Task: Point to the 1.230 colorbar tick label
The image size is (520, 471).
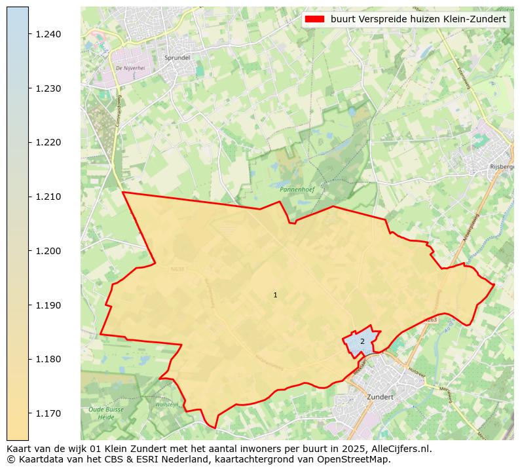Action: (48, 88)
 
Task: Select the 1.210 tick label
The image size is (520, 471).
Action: (48, 197)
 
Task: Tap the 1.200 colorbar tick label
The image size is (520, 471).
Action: (48, 251)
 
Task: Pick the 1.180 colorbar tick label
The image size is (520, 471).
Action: (48, 359)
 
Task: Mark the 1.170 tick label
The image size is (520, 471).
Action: (48, 413)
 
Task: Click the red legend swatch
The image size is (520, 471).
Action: (314, 20)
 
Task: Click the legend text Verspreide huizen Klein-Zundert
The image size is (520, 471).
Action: (418, 20)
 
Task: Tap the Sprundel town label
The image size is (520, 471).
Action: (177, 58)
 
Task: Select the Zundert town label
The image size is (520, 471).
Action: (380, 397)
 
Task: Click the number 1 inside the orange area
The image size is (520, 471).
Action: (275, 295)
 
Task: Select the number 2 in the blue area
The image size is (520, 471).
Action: (362, 341)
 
